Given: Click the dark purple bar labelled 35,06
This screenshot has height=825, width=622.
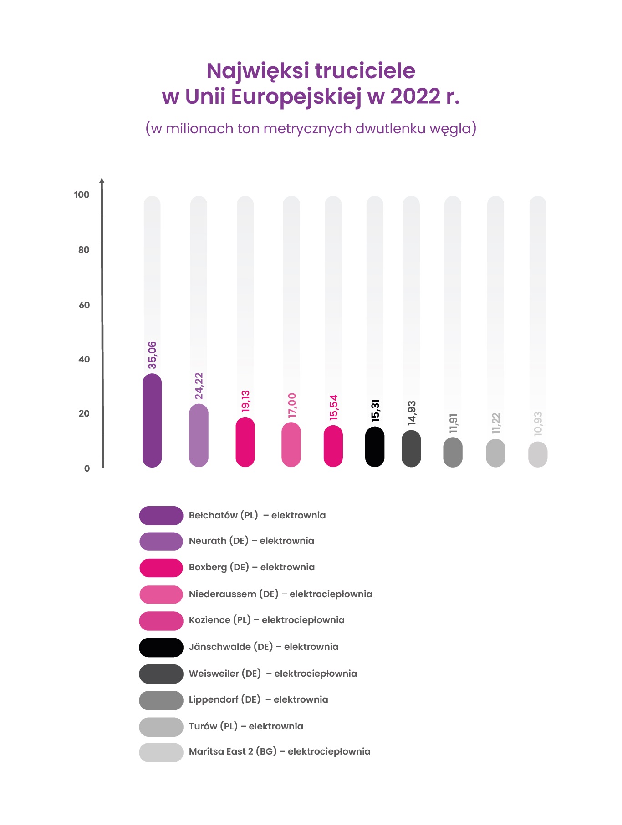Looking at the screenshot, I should point(152,420).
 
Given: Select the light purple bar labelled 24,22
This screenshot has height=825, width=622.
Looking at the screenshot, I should point(199,435).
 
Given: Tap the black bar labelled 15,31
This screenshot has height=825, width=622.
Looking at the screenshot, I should point(375,447).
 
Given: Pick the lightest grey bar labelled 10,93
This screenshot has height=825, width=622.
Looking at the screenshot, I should point(538,454).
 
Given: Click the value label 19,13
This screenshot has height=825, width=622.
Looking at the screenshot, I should point(245,401).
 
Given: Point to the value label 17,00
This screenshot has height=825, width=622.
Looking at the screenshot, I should point(292,405).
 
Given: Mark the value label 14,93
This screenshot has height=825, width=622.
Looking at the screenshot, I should point(412,413).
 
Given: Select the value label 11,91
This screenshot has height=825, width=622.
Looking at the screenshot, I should point(453,423).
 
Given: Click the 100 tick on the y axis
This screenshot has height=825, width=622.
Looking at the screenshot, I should point(82,195).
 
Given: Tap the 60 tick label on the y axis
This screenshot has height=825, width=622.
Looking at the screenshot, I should point(84,305).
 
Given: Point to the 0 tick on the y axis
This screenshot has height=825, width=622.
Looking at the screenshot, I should point(87,468).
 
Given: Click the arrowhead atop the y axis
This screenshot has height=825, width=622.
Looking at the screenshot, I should point(102,181).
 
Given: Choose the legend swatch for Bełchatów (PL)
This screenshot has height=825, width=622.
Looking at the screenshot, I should point(161,515).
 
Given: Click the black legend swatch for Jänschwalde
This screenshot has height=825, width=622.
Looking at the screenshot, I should point(161,647).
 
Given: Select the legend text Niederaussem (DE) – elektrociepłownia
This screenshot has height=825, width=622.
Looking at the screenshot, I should point(280,594).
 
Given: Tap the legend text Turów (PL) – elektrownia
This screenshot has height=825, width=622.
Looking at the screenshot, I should point(246,726).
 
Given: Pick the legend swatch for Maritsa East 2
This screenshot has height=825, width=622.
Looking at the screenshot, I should point(161,752).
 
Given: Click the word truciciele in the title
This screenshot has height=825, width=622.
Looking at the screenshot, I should point(365,71).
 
